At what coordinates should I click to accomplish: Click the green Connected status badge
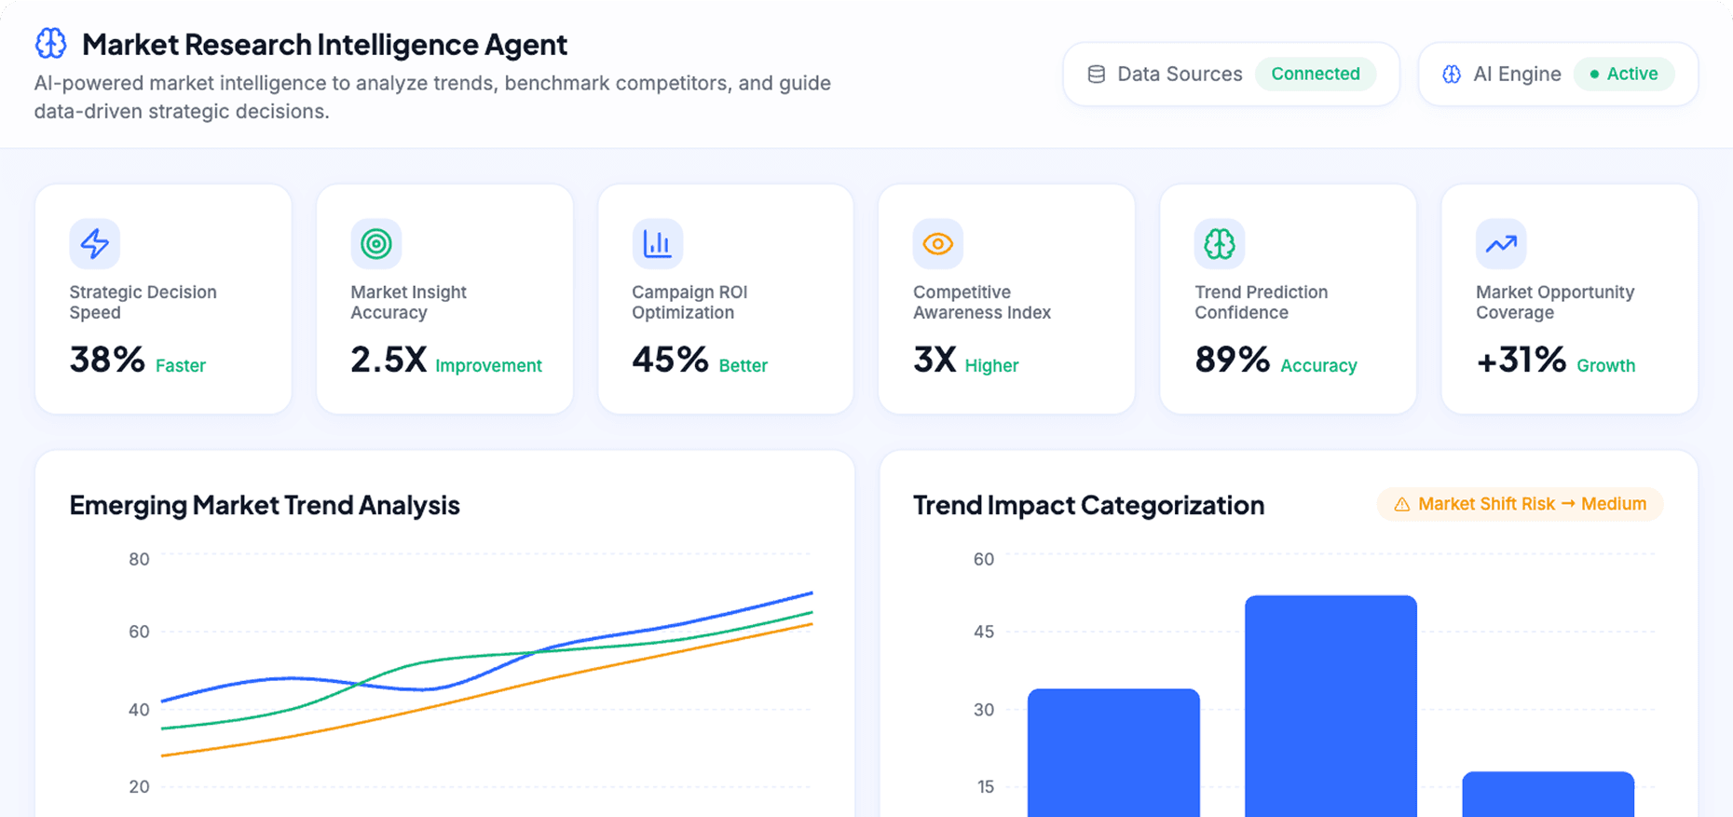(1315, 74)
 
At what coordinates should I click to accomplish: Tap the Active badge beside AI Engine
(1623, 74)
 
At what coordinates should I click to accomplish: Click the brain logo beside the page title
(51, 43)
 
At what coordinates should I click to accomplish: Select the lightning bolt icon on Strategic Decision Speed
(94, 243)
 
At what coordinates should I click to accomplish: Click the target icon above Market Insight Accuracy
(375, 243)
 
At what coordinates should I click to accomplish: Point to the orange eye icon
(937, 243)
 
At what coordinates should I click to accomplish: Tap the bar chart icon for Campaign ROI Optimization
(657, 243)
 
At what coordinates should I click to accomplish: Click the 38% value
(107, 360)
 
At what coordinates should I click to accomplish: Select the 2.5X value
(388, 360)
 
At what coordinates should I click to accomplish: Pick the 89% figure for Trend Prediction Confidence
(1232, 360)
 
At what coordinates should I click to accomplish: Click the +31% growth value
(1521, 360)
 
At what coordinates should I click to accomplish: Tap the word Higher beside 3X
(991, 366)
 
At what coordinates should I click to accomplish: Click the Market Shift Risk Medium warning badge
(1520, 504)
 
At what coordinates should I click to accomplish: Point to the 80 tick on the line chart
(139, 559)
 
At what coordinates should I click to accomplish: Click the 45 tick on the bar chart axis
(983, 632)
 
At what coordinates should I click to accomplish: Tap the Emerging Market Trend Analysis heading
(265, 505)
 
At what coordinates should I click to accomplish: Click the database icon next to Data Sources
(1097, 74)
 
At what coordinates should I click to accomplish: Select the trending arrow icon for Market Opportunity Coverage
(1500, 243)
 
